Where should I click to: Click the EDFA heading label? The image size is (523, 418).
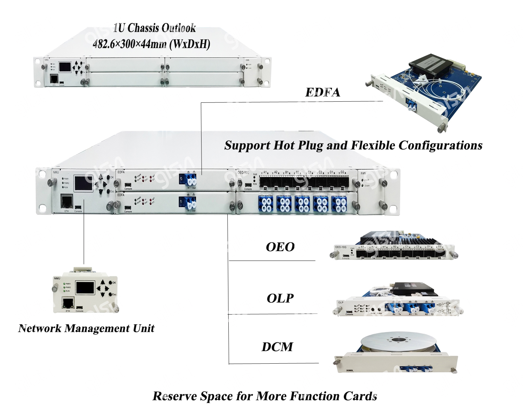323,92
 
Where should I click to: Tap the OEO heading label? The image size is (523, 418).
280,247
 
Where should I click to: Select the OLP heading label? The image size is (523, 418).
280,298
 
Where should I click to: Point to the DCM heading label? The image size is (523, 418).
277,347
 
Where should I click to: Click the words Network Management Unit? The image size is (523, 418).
86,328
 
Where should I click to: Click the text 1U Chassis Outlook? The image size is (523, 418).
154,28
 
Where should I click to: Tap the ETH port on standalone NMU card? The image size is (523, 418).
68,303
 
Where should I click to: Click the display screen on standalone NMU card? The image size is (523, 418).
85,288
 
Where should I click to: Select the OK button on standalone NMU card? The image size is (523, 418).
111,282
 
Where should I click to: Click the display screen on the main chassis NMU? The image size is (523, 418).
84,183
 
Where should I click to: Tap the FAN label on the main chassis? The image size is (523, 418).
363,173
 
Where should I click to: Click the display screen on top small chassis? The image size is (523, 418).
65,67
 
